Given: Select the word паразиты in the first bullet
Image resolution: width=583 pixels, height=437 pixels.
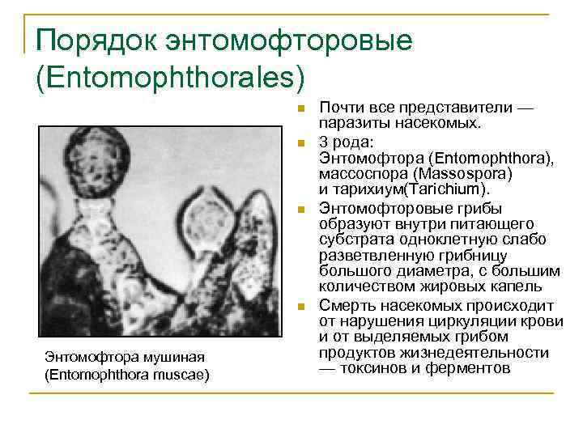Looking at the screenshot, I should (x=351, y=124).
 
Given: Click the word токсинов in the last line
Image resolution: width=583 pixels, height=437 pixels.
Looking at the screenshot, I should (x=375, y=368).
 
